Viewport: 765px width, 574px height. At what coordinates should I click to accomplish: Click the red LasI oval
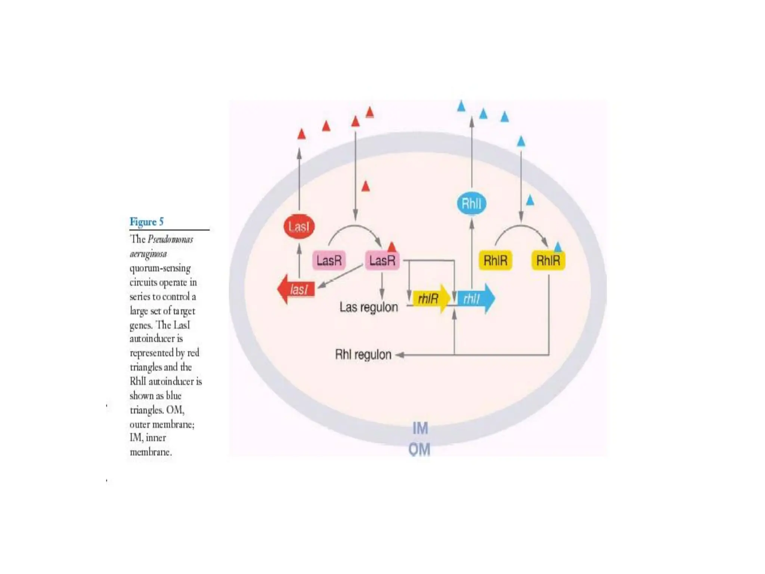click(x=299, y=226)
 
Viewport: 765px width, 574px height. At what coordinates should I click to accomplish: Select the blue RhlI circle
click(x=471, y=204)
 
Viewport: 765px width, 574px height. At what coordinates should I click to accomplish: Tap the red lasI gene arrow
click(x=297, y=289)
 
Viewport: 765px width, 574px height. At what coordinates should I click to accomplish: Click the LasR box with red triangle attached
click(x=382, y=260)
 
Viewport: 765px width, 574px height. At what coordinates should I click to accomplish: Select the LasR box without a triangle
click(x=329, y=260)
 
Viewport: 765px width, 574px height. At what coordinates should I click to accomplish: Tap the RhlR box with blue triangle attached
click(x=548, y=260)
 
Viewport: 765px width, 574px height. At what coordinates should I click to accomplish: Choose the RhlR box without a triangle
click(x=495, y=260)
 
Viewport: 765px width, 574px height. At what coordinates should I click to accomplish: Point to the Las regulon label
click(x=369, y=307)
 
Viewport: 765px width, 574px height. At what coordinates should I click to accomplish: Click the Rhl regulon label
click(x=363, y=354)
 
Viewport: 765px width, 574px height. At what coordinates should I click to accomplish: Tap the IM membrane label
click(x=420, y=428)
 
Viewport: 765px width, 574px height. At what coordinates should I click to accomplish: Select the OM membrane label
click(x=419, y=449)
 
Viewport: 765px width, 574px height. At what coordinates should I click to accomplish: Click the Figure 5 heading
click(x=146, y=222)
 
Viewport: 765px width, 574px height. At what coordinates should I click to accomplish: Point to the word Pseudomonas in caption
click(x=170, y=239)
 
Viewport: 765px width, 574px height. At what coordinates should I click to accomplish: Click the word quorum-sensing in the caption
click(x=160, y=268)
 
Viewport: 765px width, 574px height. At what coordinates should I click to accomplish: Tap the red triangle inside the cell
click(x=366, y=186)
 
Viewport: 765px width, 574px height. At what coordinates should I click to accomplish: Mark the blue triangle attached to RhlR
click(x=558, y=247)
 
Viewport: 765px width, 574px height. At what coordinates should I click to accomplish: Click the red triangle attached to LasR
click(x=391, y=247)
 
